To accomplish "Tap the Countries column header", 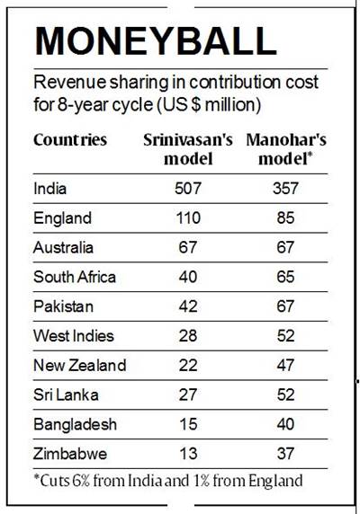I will click(70, 140).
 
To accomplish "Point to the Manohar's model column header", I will click(287, 149).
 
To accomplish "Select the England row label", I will click(62, 217).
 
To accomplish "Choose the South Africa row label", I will click(74, 277).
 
